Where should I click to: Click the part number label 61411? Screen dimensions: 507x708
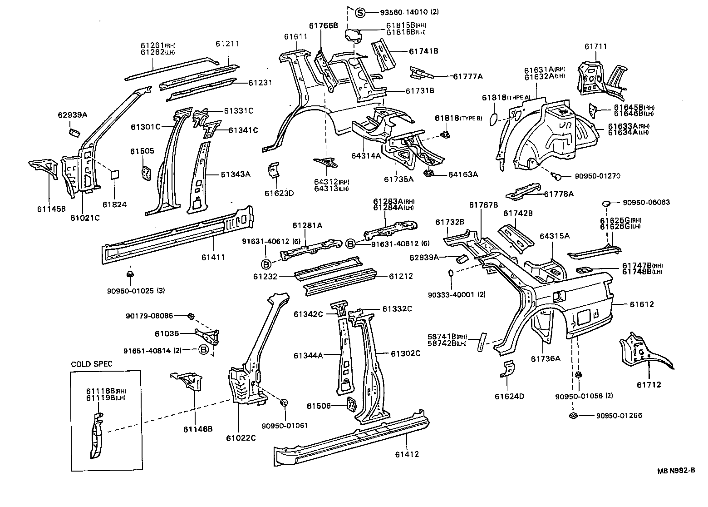[213, 257]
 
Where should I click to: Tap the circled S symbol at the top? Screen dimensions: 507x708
[360, 13]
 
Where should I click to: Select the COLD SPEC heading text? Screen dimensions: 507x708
[92, 364]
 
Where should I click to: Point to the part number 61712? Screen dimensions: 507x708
[649, 385]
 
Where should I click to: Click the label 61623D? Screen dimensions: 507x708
[279, 193]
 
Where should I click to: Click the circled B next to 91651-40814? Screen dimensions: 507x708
[204, 350]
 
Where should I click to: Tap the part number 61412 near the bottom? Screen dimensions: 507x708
[407, 454]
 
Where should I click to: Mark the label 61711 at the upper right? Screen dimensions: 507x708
[595, 46]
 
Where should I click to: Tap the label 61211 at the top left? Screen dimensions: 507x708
[227, 44]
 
